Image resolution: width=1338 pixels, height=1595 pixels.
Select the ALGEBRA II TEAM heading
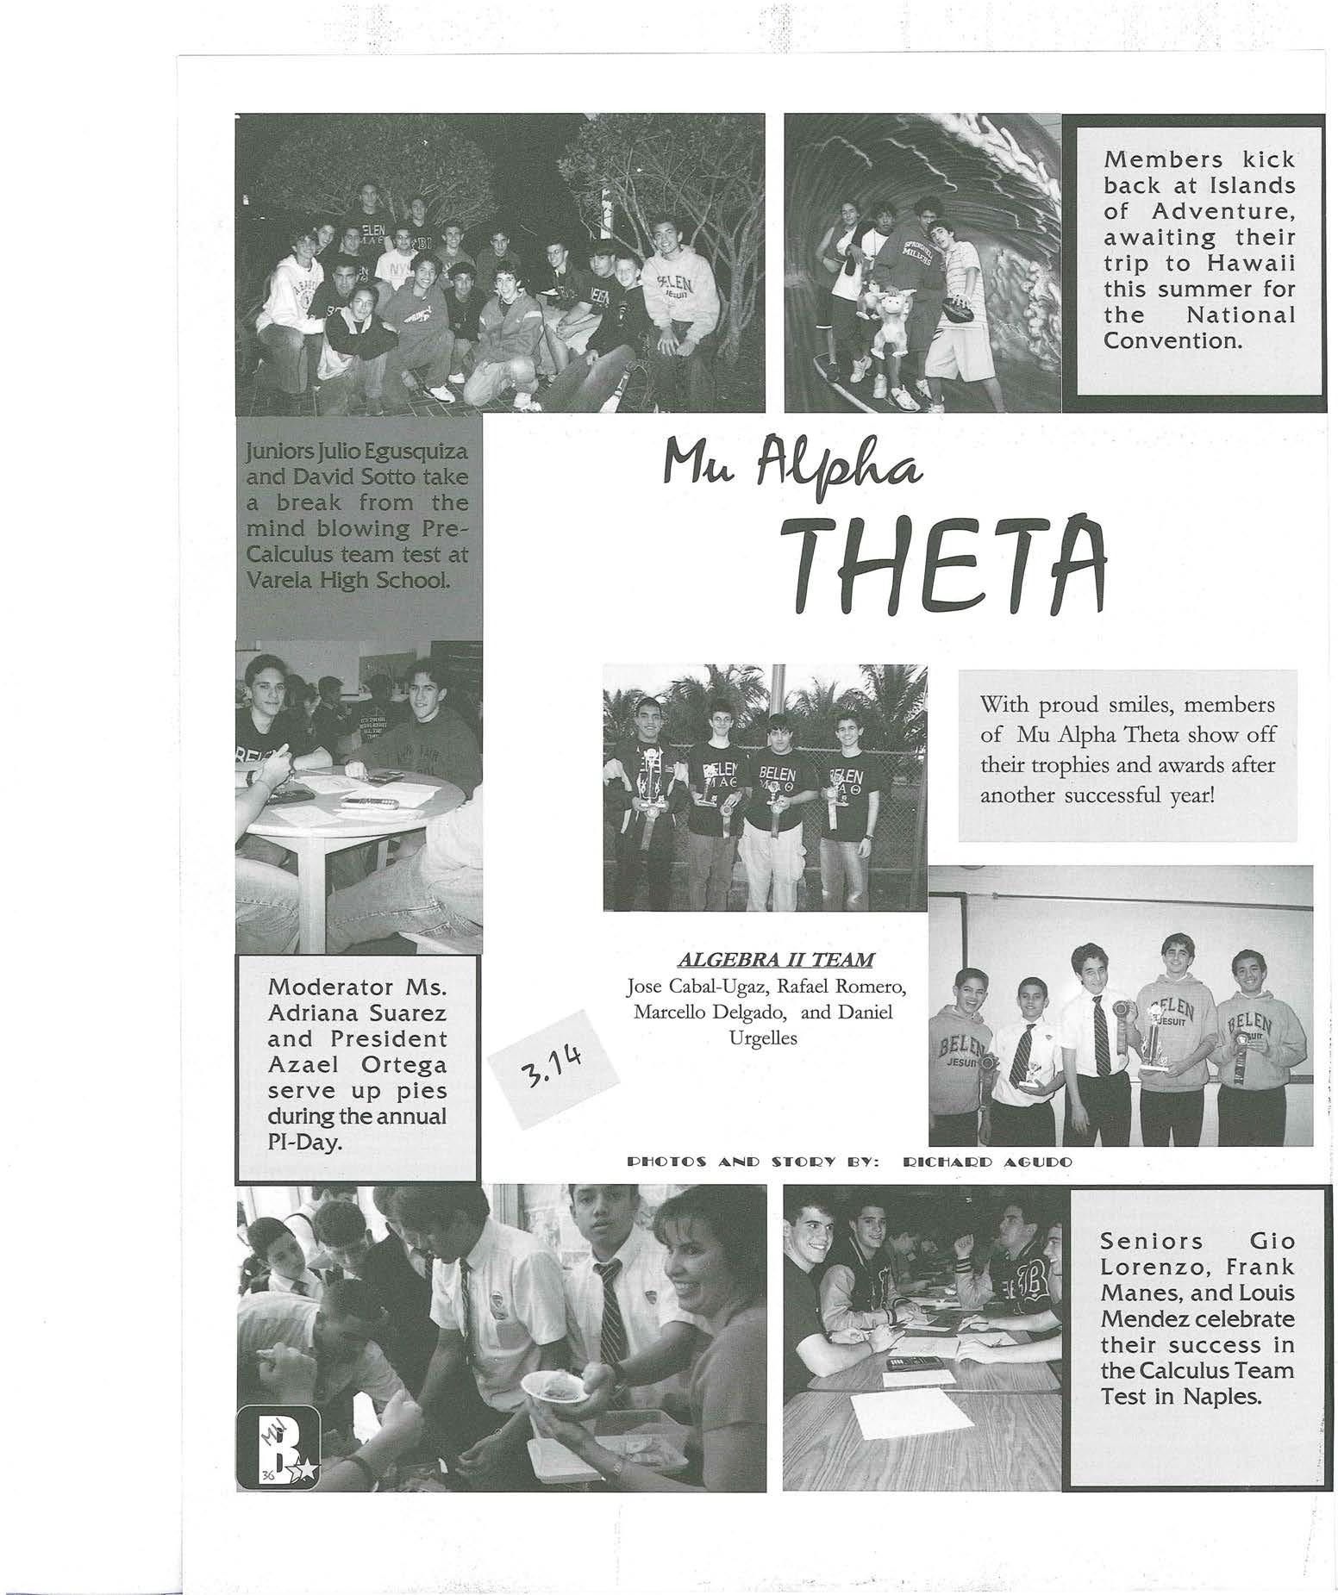776,959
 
